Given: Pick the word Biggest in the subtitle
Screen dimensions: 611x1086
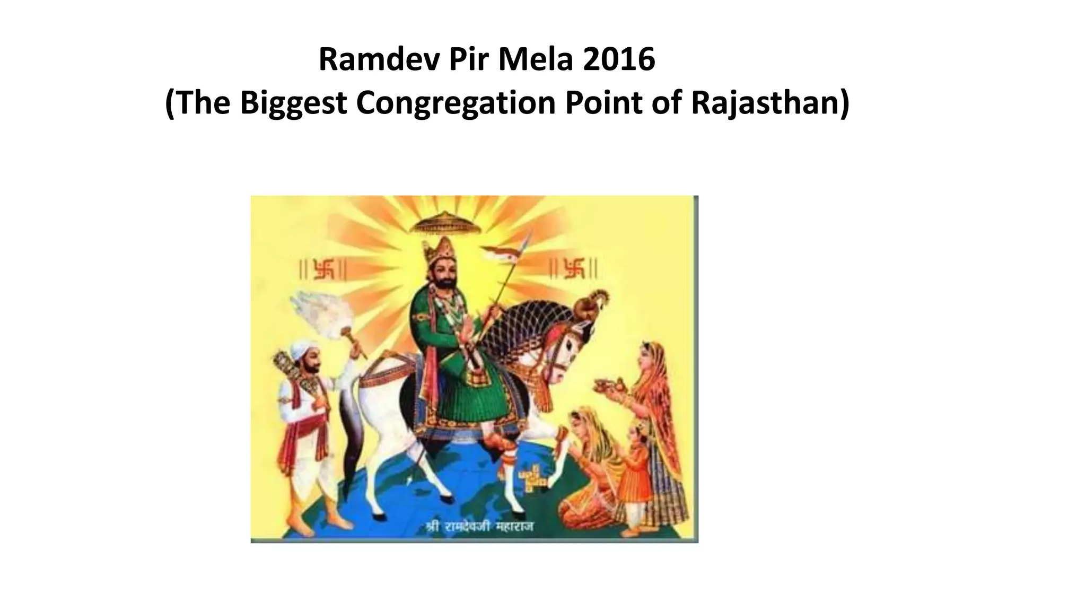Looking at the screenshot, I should coord(293,103).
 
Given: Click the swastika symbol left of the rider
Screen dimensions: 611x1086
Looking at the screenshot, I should coord(324,269).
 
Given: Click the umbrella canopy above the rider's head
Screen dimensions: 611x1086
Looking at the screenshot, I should coord(447,222).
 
